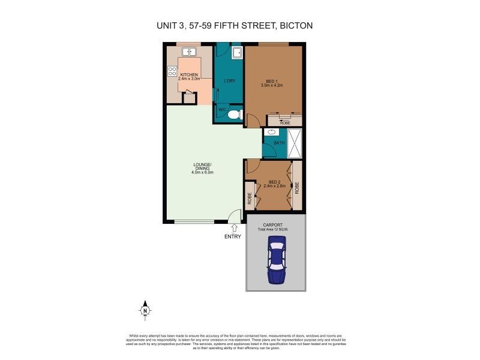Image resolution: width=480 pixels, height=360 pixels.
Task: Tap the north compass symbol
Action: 145,310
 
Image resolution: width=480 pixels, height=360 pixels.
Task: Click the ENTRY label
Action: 233,236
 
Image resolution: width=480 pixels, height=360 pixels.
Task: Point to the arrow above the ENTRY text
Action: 233,227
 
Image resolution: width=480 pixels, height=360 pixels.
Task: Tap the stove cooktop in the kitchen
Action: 172,73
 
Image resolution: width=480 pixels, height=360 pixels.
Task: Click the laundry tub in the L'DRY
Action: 236,53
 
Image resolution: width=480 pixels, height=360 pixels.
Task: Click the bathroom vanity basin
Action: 271,132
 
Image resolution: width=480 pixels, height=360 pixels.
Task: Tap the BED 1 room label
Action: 272,80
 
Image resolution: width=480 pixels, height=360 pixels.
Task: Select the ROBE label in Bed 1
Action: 284,122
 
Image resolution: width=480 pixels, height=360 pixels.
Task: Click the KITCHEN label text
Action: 188,74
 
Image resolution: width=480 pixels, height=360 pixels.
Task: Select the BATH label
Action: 279,143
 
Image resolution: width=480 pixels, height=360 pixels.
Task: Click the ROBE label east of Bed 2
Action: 298,187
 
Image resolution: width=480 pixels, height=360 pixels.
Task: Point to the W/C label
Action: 221,110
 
